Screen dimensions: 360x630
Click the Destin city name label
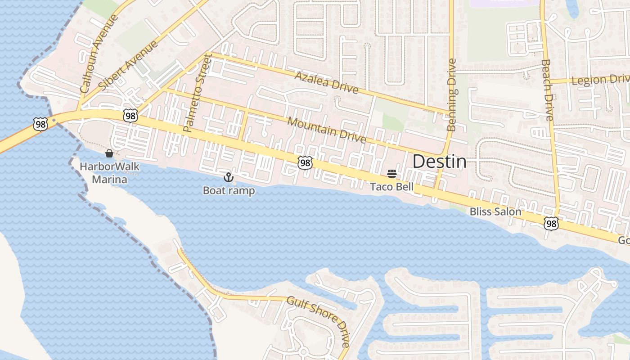click(x=439, y=162)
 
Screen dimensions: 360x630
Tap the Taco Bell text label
click(x=391, y=187)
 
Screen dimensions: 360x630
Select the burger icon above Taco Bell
click(x=391, y=174)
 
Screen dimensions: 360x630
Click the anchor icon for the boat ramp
click(x=229, y=177)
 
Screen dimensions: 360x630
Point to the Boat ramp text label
click(x=229, y=190)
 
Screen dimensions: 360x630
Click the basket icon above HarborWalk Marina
click(x=109, y=153)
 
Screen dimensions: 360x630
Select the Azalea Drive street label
click(x=326, y=82)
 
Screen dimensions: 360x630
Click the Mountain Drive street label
click(x=326, y=129)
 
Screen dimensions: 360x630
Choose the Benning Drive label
click(x=452, y=95)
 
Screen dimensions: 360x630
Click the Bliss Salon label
click(x=495, y=211)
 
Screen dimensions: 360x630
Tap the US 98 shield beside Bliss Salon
click(x=551, y=223)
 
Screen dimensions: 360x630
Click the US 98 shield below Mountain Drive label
click(x=305, y=163)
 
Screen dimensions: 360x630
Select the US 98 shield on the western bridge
click(x=40, y=124)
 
